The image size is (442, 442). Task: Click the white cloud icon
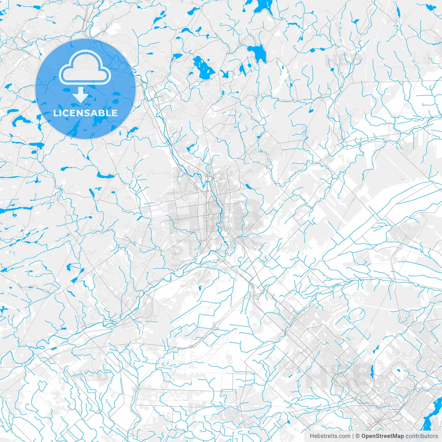coord(85,67)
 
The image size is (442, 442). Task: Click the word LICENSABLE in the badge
coord(85,113)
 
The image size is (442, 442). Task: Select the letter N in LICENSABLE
coord(81,113)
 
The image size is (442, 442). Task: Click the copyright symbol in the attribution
coord(358,436)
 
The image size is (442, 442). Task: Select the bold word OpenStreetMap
coord(383,436)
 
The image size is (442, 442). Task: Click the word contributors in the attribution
coord(422,436)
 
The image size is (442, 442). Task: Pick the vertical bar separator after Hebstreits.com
coord(353,436)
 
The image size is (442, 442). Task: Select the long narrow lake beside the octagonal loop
coord(372,371)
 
